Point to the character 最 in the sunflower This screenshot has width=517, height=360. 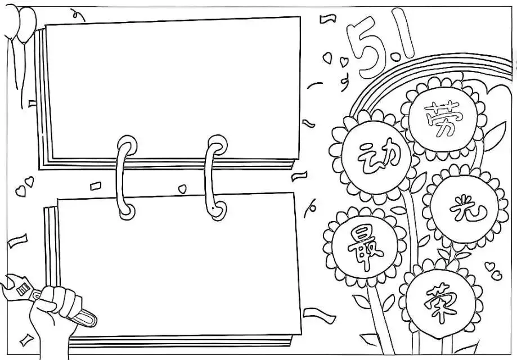365,245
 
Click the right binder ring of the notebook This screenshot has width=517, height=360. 215,177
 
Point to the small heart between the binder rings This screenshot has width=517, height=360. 182,189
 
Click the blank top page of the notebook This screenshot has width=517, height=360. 173,88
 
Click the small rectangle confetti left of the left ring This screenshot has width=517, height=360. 96,186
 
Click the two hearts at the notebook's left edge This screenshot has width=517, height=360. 25,186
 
